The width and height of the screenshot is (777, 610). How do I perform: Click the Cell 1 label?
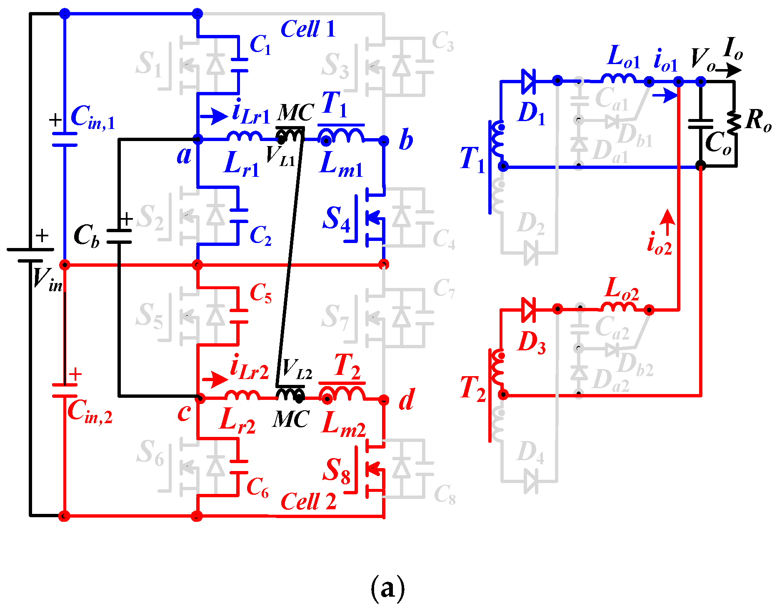point(308,29)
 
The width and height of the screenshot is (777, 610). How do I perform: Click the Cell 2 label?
point(308,501)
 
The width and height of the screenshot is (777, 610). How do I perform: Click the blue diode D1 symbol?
point(528,81)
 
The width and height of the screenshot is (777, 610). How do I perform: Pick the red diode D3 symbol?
point(528,310)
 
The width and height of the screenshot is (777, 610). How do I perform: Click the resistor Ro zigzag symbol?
point(734,123)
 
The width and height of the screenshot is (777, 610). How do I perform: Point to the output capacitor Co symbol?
point(701,124)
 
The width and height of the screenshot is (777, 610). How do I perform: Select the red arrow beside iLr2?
point(215,379)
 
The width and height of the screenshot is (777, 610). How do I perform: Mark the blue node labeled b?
point(384,141)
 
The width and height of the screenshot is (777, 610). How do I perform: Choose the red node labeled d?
point(384,400)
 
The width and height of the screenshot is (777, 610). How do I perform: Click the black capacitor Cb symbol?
point(119,236)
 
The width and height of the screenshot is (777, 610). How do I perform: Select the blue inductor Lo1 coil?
point(618,79)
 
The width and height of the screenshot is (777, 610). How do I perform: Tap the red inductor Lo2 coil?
point(618,307)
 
